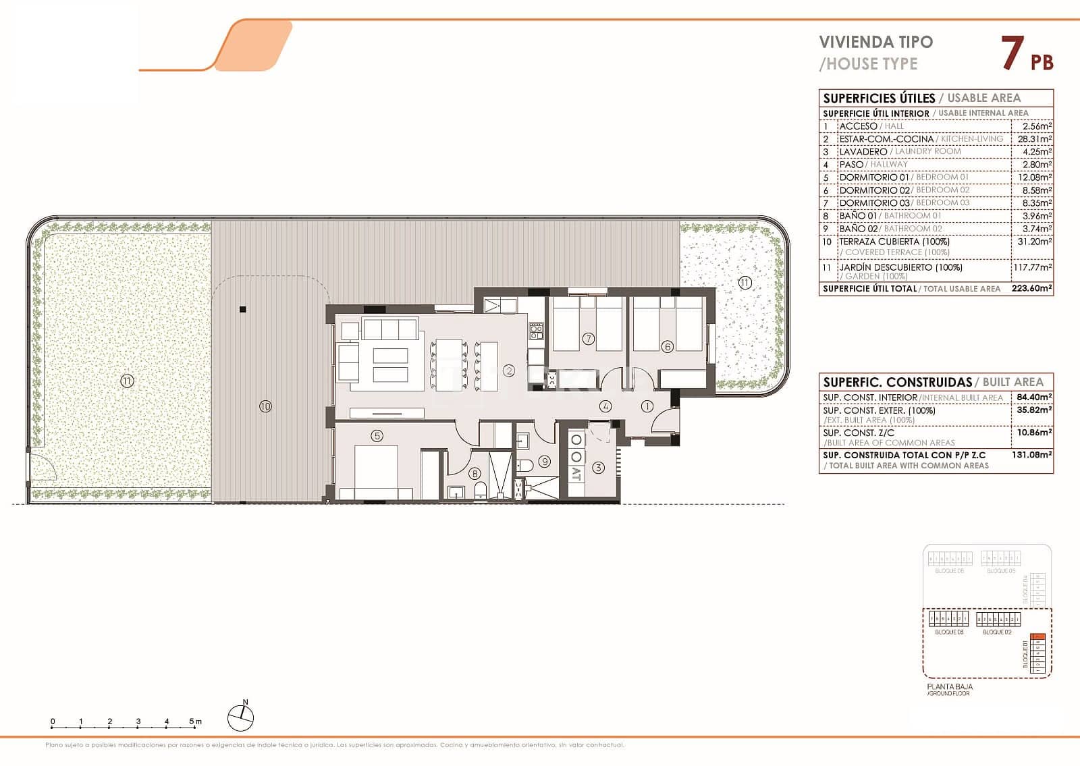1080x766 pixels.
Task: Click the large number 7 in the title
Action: coord(1010,53)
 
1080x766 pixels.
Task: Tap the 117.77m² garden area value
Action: coord(1033,268)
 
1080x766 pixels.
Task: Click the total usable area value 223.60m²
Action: coord(1033,289)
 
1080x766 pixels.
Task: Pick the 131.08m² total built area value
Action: coord(1031,455)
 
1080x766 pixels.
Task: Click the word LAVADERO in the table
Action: coord(863,152)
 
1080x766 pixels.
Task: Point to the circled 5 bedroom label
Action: coord(377,436)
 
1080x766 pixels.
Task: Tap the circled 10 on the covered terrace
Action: coord(265,406)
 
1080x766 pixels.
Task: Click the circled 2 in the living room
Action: coord(509,371)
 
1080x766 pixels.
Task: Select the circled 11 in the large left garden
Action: coord(127,381)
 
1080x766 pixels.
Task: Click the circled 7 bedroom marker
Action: coord(589,339)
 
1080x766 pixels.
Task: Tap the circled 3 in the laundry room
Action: coord(598,467)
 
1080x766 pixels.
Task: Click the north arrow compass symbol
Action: coord(241,717)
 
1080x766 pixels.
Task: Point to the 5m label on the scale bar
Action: coord(196,721)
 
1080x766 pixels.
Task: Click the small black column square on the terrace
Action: coord(243,310)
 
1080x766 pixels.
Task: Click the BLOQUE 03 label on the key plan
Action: coord(949,632)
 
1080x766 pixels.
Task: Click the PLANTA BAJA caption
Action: coord(949,686)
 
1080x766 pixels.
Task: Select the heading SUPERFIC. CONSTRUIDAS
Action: coord(897,382)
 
